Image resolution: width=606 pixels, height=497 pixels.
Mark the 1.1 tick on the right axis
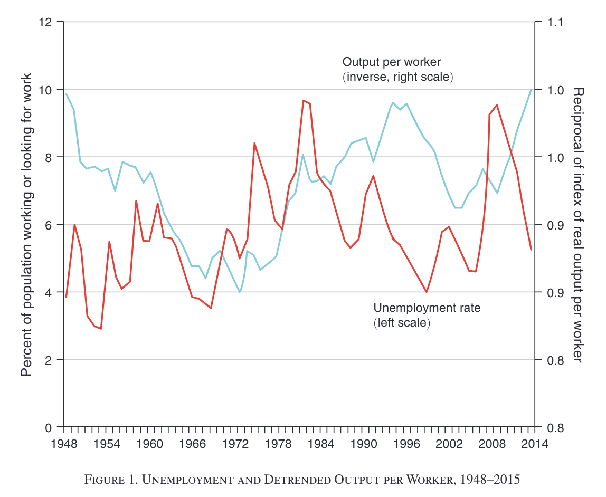click(555, 22)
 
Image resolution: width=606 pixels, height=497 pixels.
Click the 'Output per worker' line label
click(392, 62)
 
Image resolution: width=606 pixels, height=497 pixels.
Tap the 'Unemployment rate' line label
click(427, 308)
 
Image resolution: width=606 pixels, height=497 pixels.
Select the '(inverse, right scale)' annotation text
click(398, 77)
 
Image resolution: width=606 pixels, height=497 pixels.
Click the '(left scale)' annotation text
click(402, 322)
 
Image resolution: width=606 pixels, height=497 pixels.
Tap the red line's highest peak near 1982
click(303, 100)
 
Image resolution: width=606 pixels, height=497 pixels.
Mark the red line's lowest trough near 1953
click(101, 329)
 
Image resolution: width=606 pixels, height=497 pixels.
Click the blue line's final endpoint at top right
click(531, 89)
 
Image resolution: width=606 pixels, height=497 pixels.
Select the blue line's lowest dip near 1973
click(240, 292)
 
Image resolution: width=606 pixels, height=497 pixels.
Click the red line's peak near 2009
click(497, 105)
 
